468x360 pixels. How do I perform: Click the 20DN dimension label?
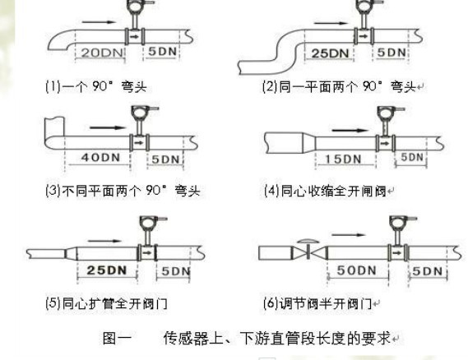coord(102,53)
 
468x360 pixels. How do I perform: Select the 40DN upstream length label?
coord(100,157)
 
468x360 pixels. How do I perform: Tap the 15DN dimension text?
coord(343,159)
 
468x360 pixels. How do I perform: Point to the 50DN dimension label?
coord(357,270)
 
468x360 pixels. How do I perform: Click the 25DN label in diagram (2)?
coord(330,53)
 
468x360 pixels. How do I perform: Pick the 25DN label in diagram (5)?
coord(107,270)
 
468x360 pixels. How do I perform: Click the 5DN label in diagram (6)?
coord(427,271)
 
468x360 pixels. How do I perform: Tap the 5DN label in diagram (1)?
coord(162,51)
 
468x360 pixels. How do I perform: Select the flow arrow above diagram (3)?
coord(108,127)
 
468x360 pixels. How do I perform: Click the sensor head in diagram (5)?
coord(148,223)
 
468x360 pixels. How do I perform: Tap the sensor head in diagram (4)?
coord(387,113)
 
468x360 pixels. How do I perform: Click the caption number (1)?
coord(53,86)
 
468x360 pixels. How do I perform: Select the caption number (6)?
coord(271,303)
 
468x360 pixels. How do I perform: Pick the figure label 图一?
coord(117,339)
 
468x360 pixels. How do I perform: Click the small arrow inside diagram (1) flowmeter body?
coord(135,37)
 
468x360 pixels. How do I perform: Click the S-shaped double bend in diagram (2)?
coord(286,51)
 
